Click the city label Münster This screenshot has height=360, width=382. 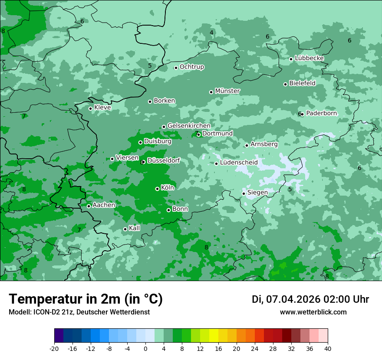coord(227,91)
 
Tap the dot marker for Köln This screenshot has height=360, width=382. coord(157,189)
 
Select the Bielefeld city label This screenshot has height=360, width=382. coord(302,83)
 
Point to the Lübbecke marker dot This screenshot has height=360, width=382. coord(291,59)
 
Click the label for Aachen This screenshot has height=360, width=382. coord(104,205)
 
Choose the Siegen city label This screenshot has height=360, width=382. coord(257,193)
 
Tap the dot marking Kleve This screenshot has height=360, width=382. coord(90,108)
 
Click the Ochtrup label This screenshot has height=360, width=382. coord(192,67)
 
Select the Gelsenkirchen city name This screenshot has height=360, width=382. coord(189,126)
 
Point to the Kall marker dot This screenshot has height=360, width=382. coord(125,229)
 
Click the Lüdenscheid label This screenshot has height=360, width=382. coord(239,163)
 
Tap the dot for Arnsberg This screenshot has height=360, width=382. coord(247,145)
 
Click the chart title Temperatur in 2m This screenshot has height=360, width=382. coord(86,299)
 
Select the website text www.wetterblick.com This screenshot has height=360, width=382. coord(313,312)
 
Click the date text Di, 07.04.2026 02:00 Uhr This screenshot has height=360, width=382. coord(310,299)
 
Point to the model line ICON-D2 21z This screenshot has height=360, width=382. coord(79,312)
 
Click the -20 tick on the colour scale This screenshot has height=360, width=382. coord(54,349)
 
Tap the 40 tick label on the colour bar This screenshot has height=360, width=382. coord(328,349)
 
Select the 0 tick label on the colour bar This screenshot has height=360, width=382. coord(145,349)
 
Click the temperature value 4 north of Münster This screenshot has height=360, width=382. coord(211,33)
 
